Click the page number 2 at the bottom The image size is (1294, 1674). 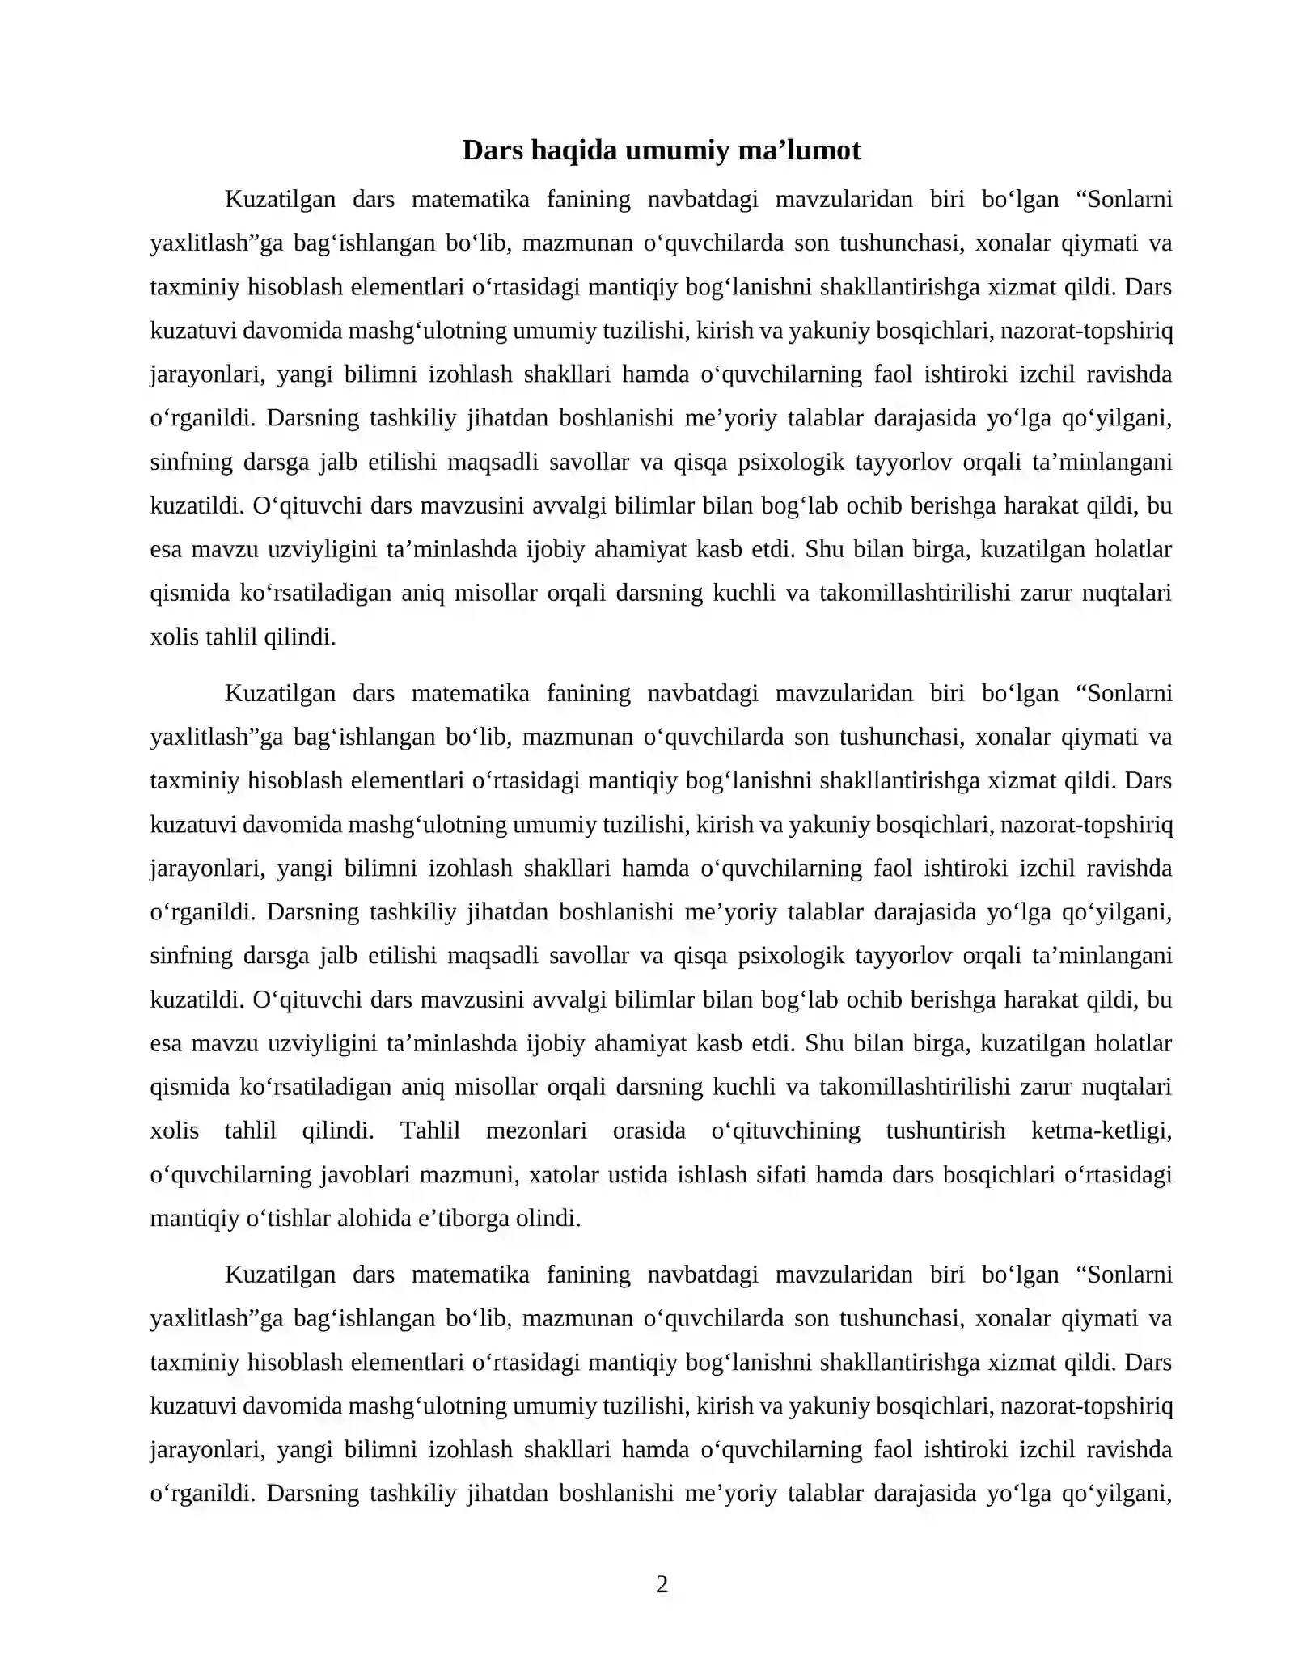click(662, 1584)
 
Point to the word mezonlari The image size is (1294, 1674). click(536, 1130)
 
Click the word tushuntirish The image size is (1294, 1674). click(945, 1130)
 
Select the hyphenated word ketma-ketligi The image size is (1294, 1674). click(1102, 1130)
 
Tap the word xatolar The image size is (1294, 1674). click(560, 1173)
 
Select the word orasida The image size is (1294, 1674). click(649, 1130)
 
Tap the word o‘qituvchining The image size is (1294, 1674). click(785, 1130)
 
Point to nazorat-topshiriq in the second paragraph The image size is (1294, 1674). click(1086, 824)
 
